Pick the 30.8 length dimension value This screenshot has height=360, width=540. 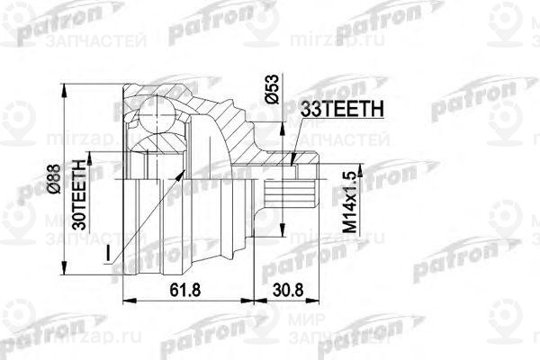(x=285, y=289)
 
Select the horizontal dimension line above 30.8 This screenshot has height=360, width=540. (x=285, y=300)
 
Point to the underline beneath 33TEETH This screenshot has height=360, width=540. (x=341, y=118)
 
